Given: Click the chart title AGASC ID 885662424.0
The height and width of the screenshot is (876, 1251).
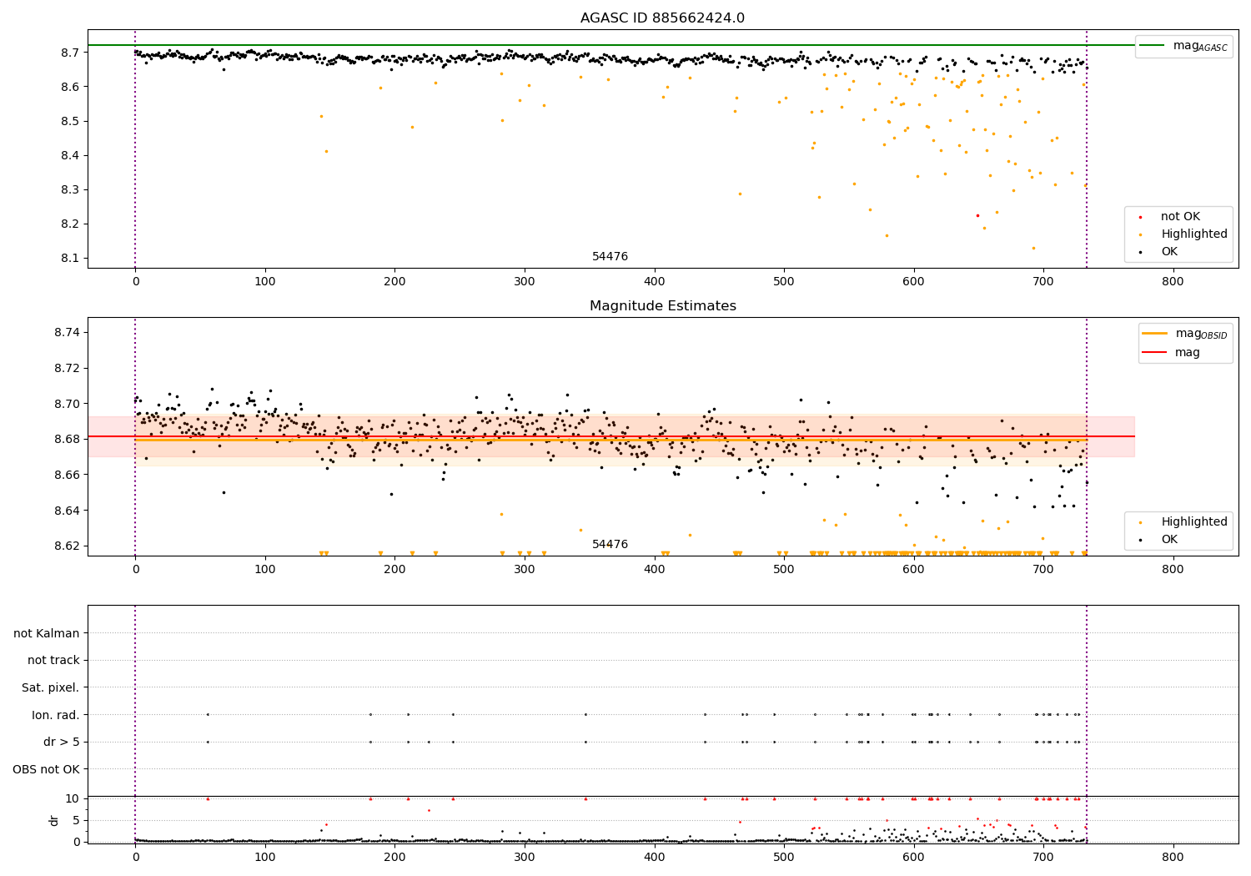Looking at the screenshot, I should (x=662, y=18).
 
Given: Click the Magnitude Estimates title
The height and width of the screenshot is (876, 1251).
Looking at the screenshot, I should (x=662, y=306).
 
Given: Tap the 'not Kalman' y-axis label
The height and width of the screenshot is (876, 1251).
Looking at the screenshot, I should (x=47, y=633).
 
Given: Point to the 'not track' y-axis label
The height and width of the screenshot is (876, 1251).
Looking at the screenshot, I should (x=53, y=660).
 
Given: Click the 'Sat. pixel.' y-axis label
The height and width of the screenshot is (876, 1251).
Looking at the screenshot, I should (x=50, y=687).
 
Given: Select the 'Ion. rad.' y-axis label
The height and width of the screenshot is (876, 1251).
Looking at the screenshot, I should (x=55, y=715).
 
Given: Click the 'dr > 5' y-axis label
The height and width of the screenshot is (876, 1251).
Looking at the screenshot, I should (x=61, y=742).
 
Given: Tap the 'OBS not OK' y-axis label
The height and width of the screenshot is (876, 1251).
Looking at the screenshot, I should (x=46, y=769).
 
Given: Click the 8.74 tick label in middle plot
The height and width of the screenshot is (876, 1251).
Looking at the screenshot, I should (x=65, y=332).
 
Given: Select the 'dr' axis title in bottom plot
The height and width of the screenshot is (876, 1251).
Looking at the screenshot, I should (x=54, y=820).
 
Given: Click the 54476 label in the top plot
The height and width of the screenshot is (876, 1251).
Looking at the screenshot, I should (x=610, y=256).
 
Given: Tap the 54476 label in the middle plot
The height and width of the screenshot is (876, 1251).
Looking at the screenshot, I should (x=610, y=544).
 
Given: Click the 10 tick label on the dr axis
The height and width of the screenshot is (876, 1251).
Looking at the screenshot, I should (x=72, y=798).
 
